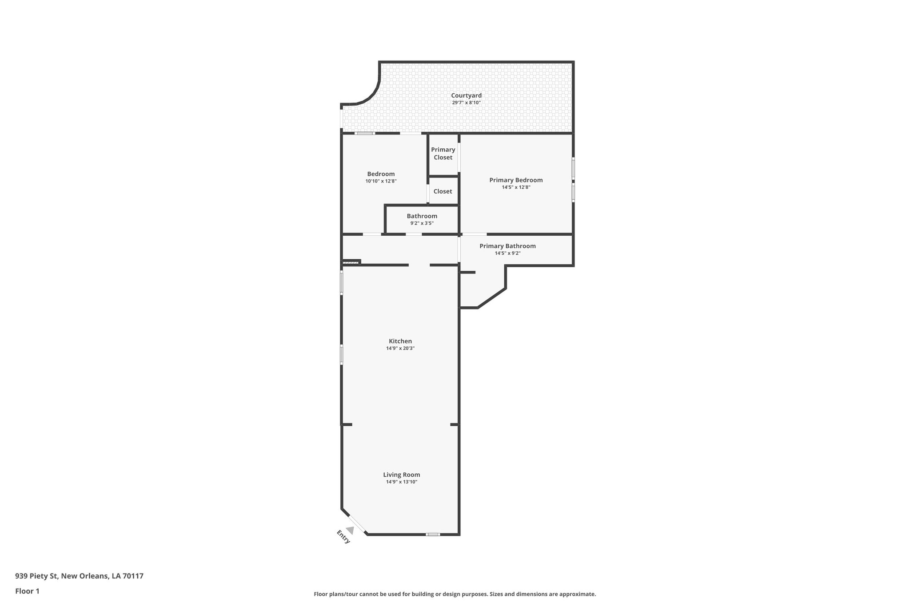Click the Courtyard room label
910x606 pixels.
[466, 95]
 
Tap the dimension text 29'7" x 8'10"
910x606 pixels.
[466, 103]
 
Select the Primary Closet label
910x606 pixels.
[443, 154]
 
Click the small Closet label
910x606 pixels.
[443, 191]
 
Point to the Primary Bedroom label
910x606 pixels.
[516, 180]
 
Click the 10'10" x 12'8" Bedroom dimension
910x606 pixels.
[381, 181]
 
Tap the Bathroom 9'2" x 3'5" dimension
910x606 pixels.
[422, 223]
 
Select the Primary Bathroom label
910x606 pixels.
[507, 246]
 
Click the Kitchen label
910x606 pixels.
[400, 341]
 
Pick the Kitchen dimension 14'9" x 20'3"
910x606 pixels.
[400, 349]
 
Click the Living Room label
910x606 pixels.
[402, 475]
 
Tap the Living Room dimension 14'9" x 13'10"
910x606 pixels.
[402, 482]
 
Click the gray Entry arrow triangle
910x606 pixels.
[351, 530]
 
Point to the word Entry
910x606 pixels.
[343, 537]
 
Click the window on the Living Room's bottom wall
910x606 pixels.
[433, 534]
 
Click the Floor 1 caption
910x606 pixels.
[27, 591]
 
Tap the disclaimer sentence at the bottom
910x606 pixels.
[455, 594]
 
